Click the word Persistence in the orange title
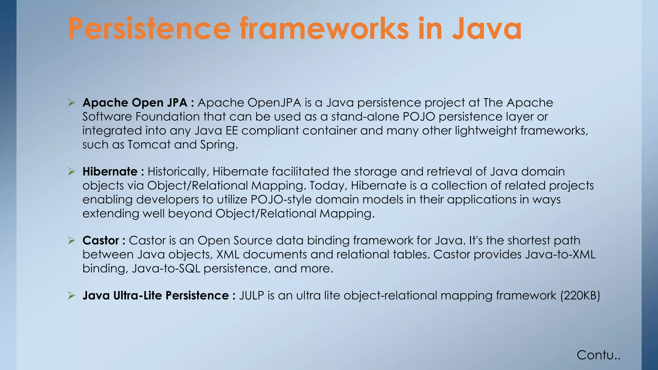[149, 29]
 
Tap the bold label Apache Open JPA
[135, 103]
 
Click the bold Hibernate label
[110, 172]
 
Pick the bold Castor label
[101, 241]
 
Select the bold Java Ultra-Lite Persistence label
[156, 295]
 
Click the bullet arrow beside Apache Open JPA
[71, 103]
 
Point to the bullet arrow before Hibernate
[71, 172]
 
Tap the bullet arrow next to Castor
[71, 241]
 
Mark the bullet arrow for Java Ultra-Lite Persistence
[71, 295]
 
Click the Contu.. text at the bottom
[598, 355]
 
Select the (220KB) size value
[580, 295]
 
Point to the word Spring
[218, 145]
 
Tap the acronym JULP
[251, 295]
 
